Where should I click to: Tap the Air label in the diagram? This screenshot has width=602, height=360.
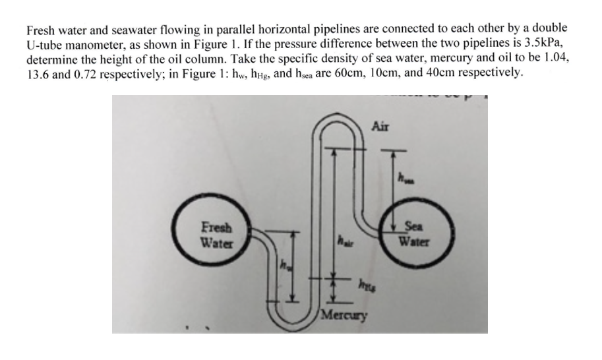point(381,125)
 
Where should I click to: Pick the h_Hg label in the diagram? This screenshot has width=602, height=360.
point(363,285)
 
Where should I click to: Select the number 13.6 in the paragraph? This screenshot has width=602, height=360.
point(38,72)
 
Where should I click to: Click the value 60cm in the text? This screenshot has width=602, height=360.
point(380,72)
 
